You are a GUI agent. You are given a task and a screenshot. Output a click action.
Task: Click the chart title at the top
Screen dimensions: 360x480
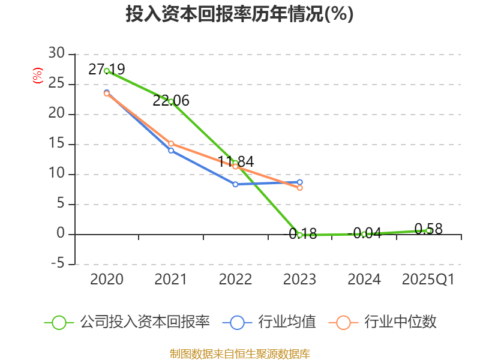point(239,14)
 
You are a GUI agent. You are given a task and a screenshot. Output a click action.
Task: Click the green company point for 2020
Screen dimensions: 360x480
point(107,71)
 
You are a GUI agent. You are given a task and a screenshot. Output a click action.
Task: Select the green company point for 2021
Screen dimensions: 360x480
point(171,101)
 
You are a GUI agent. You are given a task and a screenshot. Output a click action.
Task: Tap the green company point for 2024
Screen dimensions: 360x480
point(364,234)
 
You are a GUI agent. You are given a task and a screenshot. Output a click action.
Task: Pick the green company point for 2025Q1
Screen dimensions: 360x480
point(428,230)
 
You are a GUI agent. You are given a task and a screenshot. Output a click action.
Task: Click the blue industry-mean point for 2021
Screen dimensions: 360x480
point(171,151)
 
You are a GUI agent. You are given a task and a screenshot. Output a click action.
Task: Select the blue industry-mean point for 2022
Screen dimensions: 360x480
point(235,184)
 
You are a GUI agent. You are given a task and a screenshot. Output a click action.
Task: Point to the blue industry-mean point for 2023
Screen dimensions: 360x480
point(300,182)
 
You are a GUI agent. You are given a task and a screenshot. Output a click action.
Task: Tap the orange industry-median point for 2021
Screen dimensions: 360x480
point(171,143)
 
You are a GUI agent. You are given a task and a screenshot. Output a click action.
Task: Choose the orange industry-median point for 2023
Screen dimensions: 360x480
point(300,188)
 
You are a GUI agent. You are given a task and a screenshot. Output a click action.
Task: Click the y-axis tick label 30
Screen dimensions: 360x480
point(56,54)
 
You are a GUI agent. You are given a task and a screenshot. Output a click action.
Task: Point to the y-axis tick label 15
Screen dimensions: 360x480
point(56,144)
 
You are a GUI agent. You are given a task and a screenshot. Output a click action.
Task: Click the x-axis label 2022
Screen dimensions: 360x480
point(235,280)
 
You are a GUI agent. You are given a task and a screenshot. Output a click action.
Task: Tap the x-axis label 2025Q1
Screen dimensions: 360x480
point(428,280)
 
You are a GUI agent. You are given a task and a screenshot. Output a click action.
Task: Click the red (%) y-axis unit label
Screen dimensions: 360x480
point(38,76)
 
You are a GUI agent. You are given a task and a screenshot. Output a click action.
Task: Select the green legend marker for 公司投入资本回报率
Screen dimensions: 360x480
point(59,322)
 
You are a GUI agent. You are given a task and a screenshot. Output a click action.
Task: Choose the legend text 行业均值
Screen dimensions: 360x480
point(287,322)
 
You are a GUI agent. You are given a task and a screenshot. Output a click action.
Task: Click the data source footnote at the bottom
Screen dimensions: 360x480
point(239,353)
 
